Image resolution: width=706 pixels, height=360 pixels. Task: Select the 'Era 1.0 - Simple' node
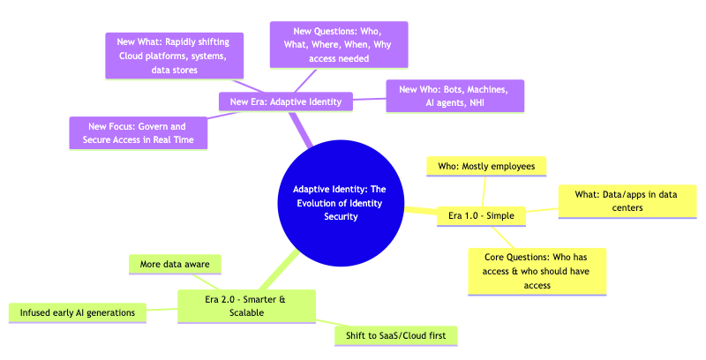pyautogui.click(x=482, y=215)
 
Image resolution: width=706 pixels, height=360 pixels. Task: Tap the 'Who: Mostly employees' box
pyautogui.click(x=486, y=166)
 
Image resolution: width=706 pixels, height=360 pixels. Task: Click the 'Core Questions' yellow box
pyautogui.click(x=537, y=270)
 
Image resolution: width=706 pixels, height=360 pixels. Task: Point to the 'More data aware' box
pyautogui.click(x=175, y=263)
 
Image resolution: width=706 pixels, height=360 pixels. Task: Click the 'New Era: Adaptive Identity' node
pyautogui.click(x=285, y=101)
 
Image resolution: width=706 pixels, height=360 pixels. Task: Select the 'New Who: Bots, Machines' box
pyautogui.click(x=455, y=96)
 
